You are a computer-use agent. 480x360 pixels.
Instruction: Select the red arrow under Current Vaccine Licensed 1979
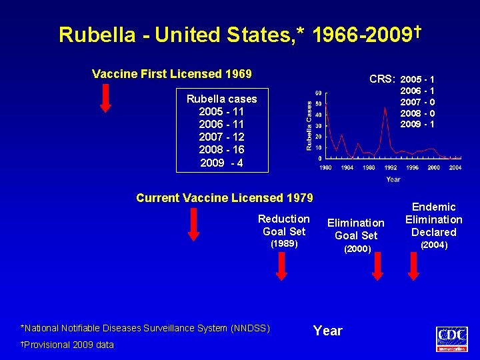(193, 223)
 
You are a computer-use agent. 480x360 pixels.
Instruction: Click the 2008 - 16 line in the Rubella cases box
(221, 149)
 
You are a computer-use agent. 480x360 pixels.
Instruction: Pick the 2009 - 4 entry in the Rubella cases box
(221, 162)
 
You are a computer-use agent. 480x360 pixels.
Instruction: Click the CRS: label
(383, 79)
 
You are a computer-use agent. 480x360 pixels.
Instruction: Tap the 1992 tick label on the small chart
(391, 167)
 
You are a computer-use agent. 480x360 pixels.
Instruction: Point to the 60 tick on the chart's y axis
(319, 93)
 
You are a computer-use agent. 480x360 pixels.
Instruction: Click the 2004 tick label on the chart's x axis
(455, 167)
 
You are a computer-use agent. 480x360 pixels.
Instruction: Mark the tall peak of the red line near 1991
(385, 109)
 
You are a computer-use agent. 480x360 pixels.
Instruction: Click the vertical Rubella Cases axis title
(309, 125)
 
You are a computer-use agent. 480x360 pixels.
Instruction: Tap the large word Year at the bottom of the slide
(327, 331)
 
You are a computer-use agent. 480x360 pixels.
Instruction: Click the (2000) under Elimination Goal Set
(357, 249)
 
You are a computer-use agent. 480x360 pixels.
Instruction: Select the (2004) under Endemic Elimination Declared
(433, 245)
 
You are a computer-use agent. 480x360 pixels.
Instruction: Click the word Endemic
(433, 207)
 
